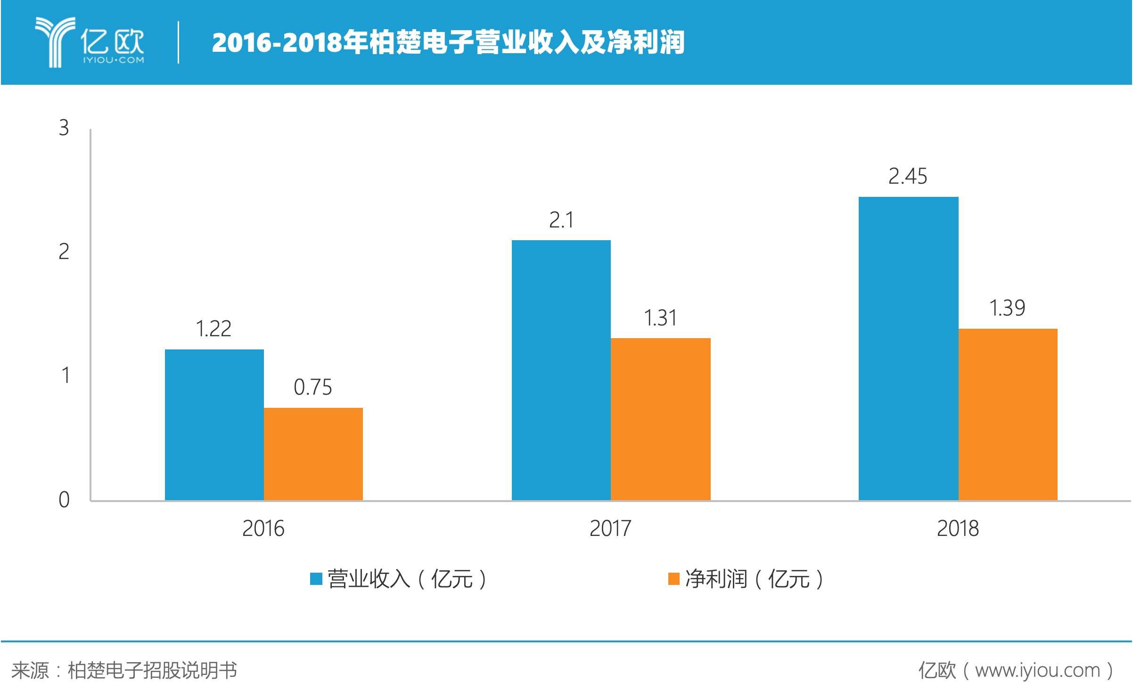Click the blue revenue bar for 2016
coord(214,424)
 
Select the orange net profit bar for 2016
coord(313,454)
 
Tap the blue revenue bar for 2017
coord(561,370)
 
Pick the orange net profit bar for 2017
coord(660,419)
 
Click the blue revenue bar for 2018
coord(908,348)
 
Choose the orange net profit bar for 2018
coord(1008,414)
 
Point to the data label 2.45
coord(907,177)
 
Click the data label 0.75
coord(312,387)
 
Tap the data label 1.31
coord(660,318)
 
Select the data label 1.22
coord(213,329)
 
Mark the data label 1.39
coord(1007,308)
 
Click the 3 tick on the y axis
coord(64,128)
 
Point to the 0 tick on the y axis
coord(64,500)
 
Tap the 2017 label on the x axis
coord(610,528)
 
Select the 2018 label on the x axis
coord(957,528)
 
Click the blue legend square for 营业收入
coord(315,579)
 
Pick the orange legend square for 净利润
coord(673,579)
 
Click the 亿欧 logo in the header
coord(90,42)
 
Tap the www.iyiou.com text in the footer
coord(1037,670)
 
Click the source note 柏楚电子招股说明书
coord(152,670)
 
